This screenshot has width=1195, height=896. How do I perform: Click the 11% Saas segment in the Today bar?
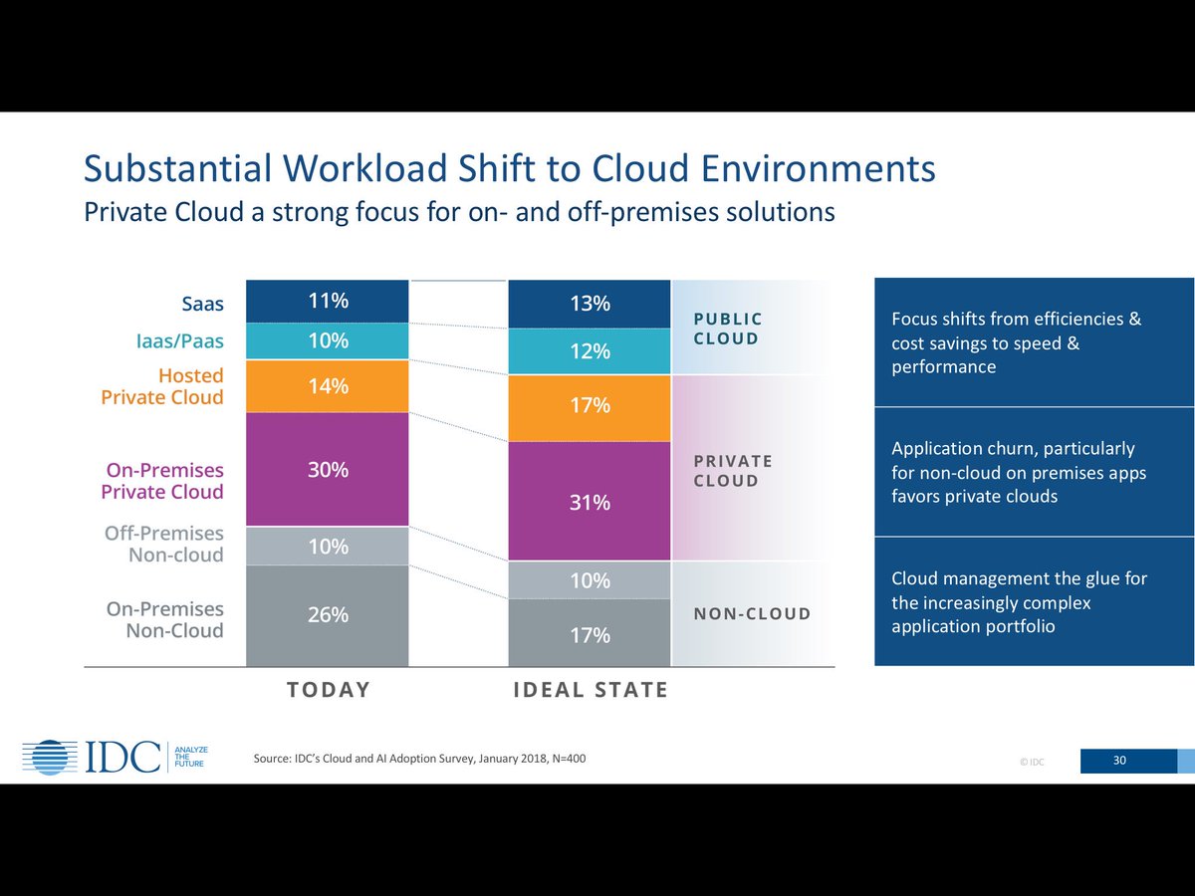click(328, 301)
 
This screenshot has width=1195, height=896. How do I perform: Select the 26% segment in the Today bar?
click(328, 615)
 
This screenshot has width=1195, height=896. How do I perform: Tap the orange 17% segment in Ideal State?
click(590, 407)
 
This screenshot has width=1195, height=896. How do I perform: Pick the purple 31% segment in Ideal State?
click(590, 502)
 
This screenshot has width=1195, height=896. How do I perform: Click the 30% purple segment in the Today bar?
click(328, 469)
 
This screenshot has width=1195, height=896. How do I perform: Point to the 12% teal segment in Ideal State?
click(590, 351)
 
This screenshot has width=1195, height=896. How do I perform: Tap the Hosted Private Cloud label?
click(162, 386)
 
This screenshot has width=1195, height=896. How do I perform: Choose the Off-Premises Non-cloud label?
click(165, 545)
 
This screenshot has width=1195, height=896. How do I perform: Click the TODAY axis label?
click(328, 690)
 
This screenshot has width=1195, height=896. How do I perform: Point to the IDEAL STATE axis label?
click(590, 690)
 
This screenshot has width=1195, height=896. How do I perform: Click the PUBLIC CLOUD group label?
click(727, 329)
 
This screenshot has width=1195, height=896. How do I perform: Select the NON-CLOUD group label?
click(752, 614)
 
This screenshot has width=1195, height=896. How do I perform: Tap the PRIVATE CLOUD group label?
click(733, 471)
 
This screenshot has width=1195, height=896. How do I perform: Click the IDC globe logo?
click(49, 758)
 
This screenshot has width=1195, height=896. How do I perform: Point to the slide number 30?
click(1119, 761)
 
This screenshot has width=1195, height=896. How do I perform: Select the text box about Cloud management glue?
click(1033, 602)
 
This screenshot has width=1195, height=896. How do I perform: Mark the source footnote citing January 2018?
click(419, 760)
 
